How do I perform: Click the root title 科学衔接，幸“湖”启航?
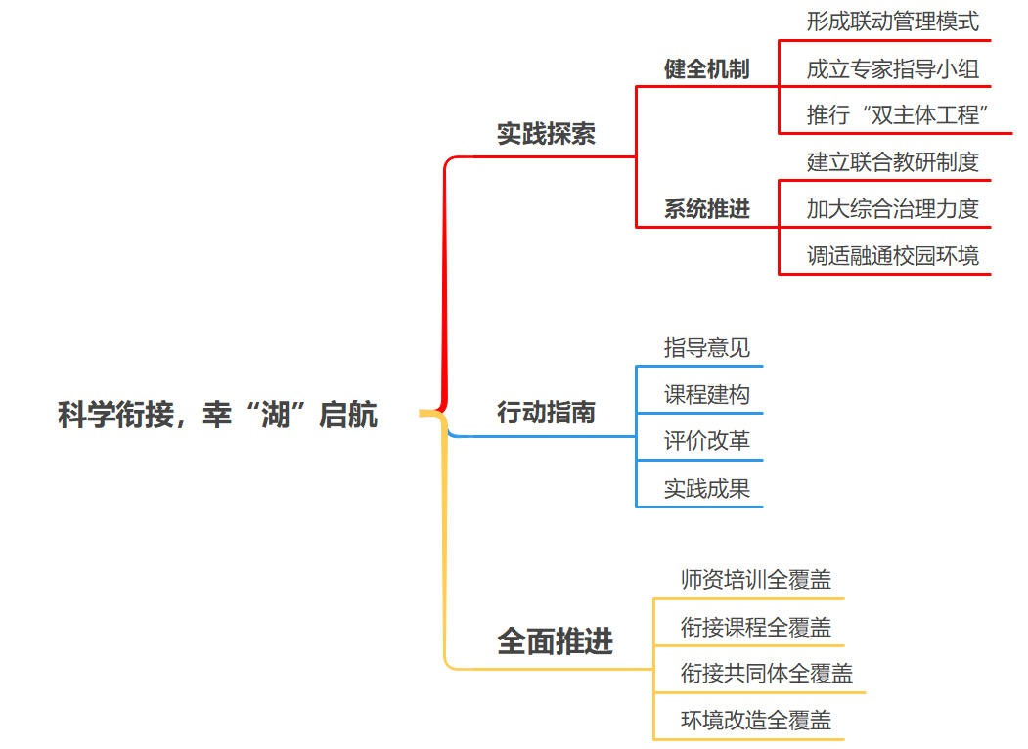click(x=217, y=415)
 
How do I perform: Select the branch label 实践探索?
click(x=546, y=134)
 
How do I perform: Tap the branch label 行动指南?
click(x=546, y=413)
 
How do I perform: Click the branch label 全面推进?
click(x=555, y=641)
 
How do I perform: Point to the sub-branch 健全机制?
click(x=706, y=69)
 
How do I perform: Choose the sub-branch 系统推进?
click(x=706, y=209)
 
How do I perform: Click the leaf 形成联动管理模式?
click(x=892, y=21)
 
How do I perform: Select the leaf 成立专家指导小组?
click(x=892, y=68)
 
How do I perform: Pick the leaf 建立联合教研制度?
click(x=892, y=161)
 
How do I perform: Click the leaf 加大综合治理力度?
click(x=892, y=208)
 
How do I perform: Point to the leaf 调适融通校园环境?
click(x=892, y=256)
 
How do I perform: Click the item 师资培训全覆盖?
click(x=756, y=579)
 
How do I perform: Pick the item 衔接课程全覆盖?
click(x=756, y=627)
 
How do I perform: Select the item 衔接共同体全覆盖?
click(x=767, y=674)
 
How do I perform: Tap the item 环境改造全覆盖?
click(x=756, y=721)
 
